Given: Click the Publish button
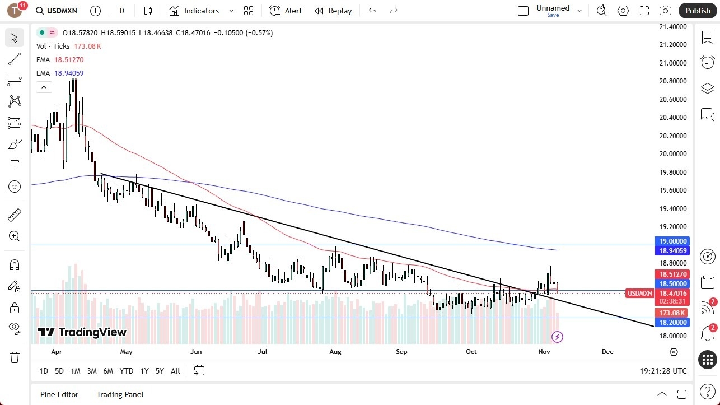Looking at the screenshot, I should pos(697,11).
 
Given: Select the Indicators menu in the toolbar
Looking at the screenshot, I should pos(201,11).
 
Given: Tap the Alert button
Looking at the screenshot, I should pos(286,11).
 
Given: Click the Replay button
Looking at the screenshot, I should pos(333,11).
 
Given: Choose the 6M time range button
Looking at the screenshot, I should pos(108,371).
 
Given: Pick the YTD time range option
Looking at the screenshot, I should pos(127,371).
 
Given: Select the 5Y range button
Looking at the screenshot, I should pos(160,371).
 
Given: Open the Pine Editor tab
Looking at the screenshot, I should pos(59,394).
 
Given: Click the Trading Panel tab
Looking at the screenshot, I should pos(120,394).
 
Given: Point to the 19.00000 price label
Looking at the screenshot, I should pos(672,241).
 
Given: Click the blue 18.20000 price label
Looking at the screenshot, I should pos(672,323).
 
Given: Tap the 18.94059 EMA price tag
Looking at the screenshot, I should pos(672,251).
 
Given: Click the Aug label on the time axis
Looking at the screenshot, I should pos(335,352).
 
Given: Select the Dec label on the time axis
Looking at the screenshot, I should pos(607,352).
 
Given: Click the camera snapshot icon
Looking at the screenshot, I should pos(665,11).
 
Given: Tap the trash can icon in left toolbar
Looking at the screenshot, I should pos(15,357).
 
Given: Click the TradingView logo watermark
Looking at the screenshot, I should pos(82,332).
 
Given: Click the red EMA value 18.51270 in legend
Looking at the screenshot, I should pos(69,60).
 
